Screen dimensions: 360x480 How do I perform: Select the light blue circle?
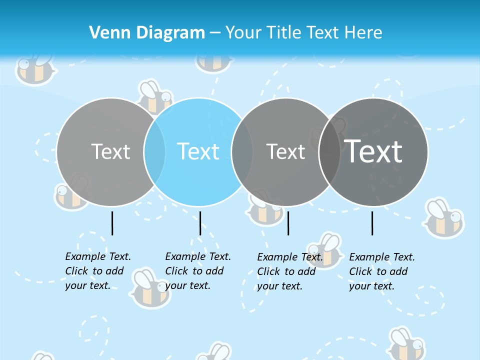[x=198, y=175]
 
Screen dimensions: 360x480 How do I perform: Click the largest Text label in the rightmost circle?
[x=373, y=151]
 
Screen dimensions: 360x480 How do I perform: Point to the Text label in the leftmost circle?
[x=110, y=151]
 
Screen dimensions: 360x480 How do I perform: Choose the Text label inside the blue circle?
[x=198, y=151]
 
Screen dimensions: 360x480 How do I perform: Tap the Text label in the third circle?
[x=285, y=151]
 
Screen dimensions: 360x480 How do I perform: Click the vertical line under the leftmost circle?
[x=112, y=223]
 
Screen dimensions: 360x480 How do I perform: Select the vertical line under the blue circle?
[x=200, y=223]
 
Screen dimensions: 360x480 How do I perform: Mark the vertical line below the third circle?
[x=288, y=223]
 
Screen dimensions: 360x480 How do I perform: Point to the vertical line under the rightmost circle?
[x=372, y=223]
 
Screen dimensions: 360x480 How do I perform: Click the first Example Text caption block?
[x=98, y=271]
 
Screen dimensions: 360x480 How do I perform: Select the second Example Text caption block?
[x=198, y=271]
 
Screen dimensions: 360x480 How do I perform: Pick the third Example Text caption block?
[x=290, y=271]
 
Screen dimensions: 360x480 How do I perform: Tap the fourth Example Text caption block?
[x=382, y=271]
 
